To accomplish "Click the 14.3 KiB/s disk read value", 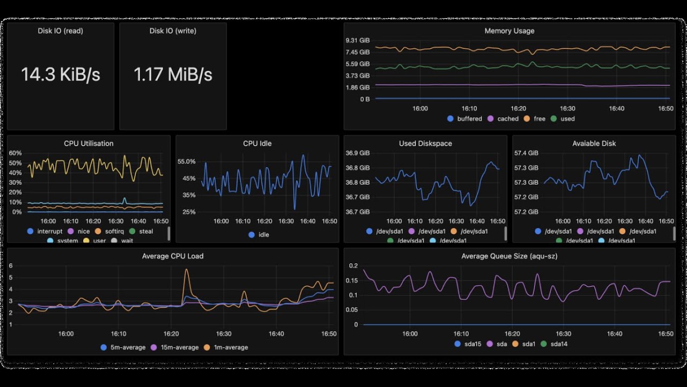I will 61,75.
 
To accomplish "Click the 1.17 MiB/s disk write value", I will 173,75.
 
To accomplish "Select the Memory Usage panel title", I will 509,31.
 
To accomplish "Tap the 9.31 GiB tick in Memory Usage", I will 357,41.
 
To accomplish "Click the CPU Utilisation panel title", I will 89,144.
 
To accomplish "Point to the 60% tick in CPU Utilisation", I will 15,153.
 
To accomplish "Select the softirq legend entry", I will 111,232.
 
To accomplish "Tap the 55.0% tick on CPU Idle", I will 186,162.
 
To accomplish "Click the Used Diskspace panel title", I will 425,144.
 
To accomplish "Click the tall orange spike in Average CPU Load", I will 186,270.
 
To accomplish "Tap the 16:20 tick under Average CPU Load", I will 171,334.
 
